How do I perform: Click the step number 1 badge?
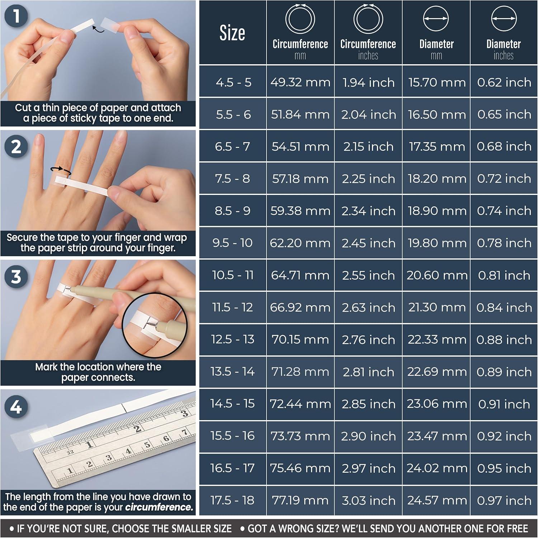[16, 16]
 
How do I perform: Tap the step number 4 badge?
[16, 407]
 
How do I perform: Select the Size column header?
[232, 33]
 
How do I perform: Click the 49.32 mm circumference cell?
[300, 82]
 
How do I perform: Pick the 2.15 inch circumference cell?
[368, 146]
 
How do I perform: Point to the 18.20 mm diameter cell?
[436, 179]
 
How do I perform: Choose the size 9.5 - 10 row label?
[232, 243]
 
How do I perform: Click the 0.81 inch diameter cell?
[504, 275]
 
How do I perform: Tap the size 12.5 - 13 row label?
[232, 339]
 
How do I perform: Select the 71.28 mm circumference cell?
[300, 372]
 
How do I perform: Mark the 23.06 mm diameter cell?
[436, 404]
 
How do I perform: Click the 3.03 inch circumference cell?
[368, 500]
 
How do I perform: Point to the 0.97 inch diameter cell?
[504, 500]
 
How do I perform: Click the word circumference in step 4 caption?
[159, 507]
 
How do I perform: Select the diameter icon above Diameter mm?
[436, 19]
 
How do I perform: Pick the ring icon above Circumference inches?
[368, 19]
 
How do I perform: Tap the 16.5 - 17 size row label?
[232, 468]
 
